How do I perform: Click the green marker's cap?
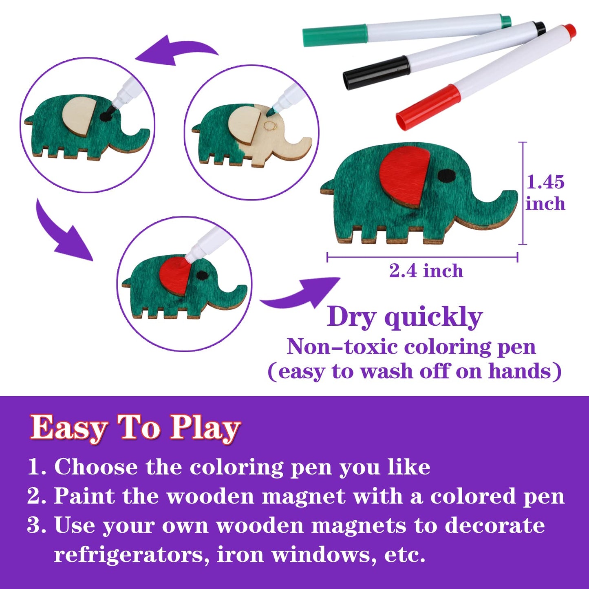[334, 35]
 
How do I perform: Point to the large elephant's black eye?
[447, 175]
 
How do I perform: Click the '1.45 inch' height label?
[545, 193]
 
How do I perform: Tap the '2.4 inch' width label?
[426, 271]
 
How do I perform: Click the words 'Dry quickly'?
[405, 317]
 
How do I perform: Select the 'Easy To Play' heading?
[135, 428]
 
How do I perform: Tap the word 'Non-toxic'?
[342, 347]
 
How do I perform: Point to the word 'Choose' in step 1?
[96, 467]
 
